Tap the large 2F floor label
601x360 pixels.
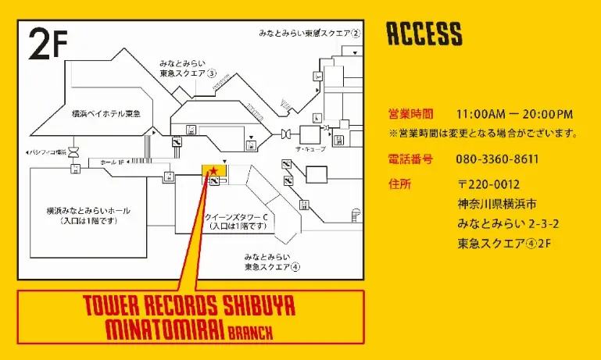click(x=49, y=45)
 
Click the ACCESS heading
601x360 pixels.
click(x=424, y=34)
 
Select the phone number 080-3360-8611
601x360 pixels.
click(x=497, y=159)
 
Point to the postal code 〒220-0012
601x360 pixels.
click(x=488, y=184)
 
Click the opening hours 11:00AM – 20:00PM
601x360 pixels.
click(x=514, y=114)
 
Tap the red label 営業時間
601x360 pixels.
click(x=410, y=114)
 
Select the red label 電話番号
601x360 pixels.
click(x=410, y=159)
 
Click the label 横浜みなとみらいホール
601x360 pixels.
click(x=88, y=211)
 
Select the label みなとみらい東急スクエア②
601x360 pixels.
click(x=309, y=34)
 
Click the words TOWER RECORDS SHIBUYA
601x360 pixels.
click(x=188, y=307)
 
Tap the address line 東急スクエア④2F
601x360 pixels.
click(x=504, y=244)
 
